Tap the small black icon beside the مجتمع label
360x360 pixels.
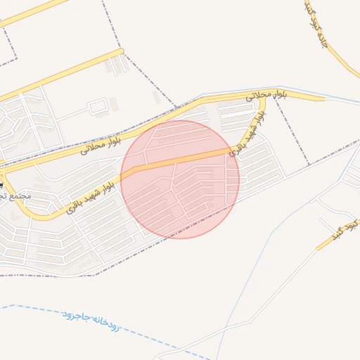coord(1,184)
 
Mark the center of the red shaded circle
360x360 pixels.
coord(180,179)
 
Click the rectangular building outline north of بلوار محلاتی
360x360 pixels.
coord(98,107)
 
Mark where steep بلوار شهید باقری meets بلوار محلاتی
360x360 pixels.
coord(262,99)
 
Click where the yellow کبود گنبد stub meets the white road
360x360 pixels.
coord(316,250)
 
